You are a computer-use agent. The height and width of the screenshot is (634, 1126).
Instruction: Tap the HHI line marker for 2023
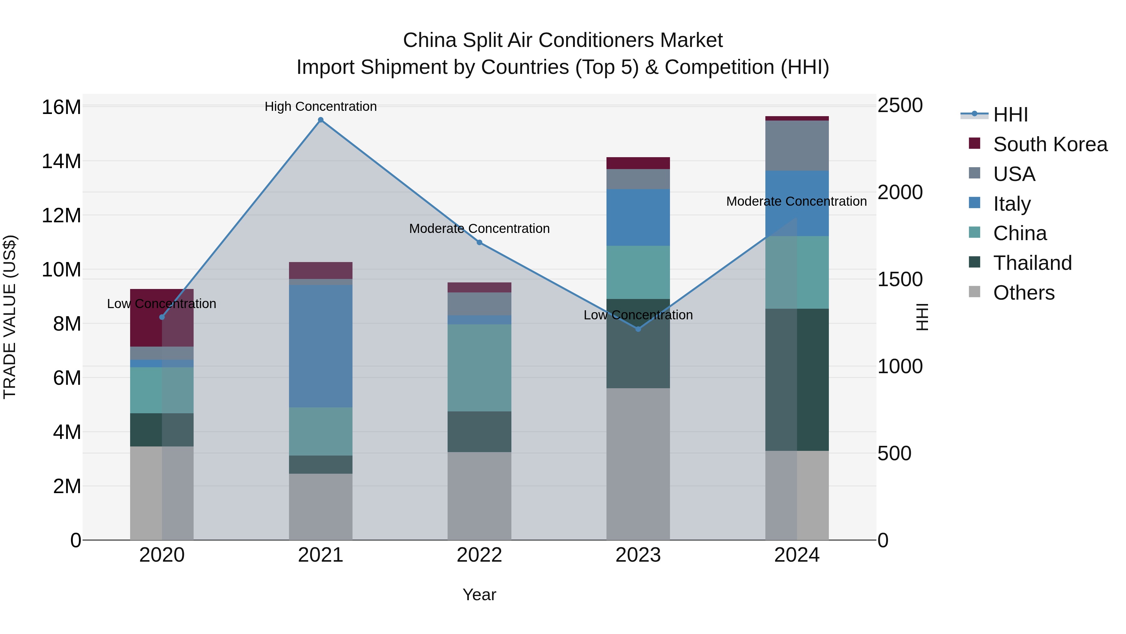(x=638, y=329)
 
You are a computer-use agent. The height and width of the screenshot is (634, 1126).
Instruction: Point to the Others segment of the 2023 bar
(x=638, y=464)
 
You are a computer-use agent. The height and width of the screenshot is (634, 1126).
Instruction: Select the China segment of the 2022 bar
(x=479, y=368)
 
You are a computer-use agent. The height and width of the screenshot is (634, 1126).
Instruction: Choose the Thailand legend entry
(x=1032, y=263)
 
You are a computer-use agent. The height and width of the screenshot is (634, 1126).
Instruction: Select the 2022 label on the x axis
(x=479, y=555)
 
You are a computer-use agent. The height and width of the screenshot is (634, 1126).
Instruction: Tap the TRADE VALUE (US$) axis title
(x=10, y=317)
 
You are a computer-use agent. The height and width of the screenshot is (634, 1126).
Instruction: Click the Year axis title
(x=479, y=595)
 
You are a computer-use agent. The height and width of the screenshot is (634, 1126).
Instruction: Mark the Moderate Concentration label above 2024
(x=796, y=201)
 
